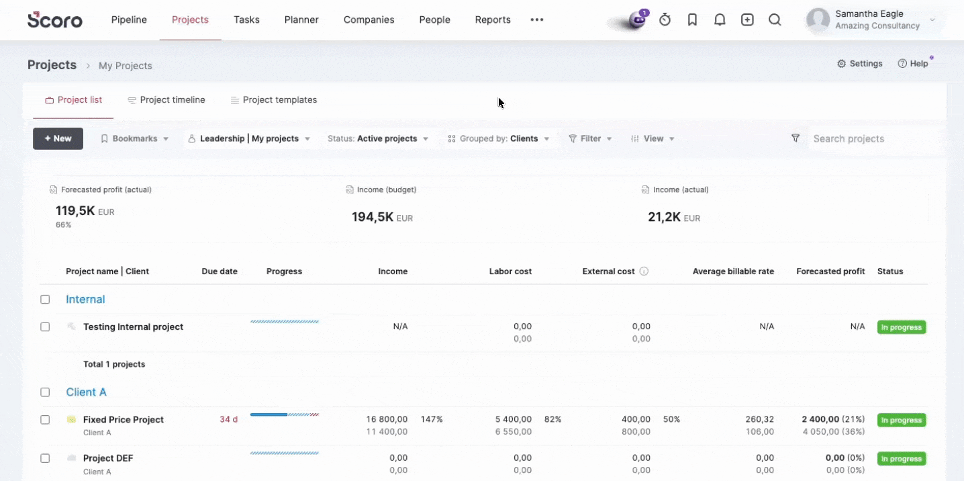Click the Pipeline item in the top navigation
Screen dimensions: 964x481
[x=129, y=19]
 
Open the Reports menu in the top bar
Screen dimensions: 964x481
[x=492, y=19]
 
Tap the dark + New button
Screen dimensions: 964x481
[x=58, y=138]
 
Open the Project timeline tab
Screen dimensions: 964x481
[x=166, y=100]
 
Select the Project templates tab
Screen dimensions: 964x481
[x=274, y=100]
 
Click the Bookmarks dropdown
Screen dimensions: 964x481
[x=135, y=138]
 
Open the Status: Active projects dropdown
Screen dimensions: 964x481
[x=377, y=138]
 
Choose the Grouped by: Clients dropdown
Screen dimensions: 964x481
[x=499, y=138]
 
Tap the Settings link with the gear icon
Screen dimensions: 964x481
[x=860, y=64]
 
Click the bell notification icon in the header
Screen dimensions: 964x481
[x=720, y=19]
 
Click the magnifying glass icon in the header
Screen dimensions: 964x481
[x=775, y=19]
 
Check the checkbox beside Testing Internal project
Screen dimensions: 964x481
[x=45, y=327]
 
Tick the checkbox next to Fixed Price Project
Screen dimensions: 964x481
[x=45, y=420]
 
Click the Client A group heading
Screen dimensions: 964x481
[x=86, y=392]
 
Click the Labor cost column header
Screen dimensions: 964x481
[x=510, y=271]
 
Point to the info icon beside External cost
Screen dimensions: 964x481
[x=644, y=271]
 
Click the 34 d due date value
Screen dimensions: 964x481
[x=228, y=419]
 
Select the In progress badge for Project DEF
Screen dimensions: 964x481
[x=902, y=459]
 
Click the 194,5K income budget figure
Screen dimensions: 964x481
[x=373, y=217]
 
